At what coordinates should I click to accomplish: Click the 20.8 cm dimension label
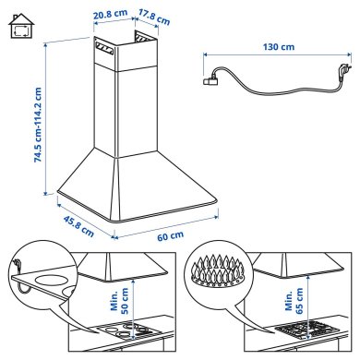(111, 15)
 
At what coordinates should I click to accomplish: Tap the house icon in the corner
(18, 28)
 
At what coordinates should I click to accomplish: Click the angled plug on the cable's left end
(209, 81)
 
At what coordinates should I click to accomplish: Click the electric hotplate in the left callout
(51, 281)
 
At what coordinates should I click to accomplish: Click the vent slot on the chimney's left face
(101, 42)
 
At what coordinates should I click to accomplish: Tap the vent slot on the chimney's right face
(138, 39)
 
